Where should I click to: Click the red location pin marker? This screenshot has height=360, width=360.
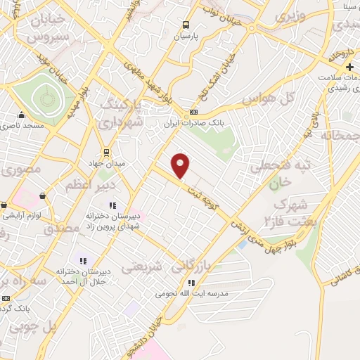pos(181,165)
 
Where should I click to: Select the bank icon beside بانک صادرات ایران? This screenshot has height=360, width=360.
pos(193,112)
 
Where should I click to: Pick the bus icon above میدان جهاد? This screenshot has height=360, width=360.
pos(105,152)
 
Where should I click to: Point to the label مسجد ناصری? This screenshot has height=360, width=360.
pos(22,124)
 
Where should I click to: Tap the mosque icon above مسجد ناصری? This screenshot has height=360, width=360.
pos(22,115)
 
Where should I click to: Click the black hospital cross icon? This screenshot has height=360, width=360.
pos(351,67)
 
